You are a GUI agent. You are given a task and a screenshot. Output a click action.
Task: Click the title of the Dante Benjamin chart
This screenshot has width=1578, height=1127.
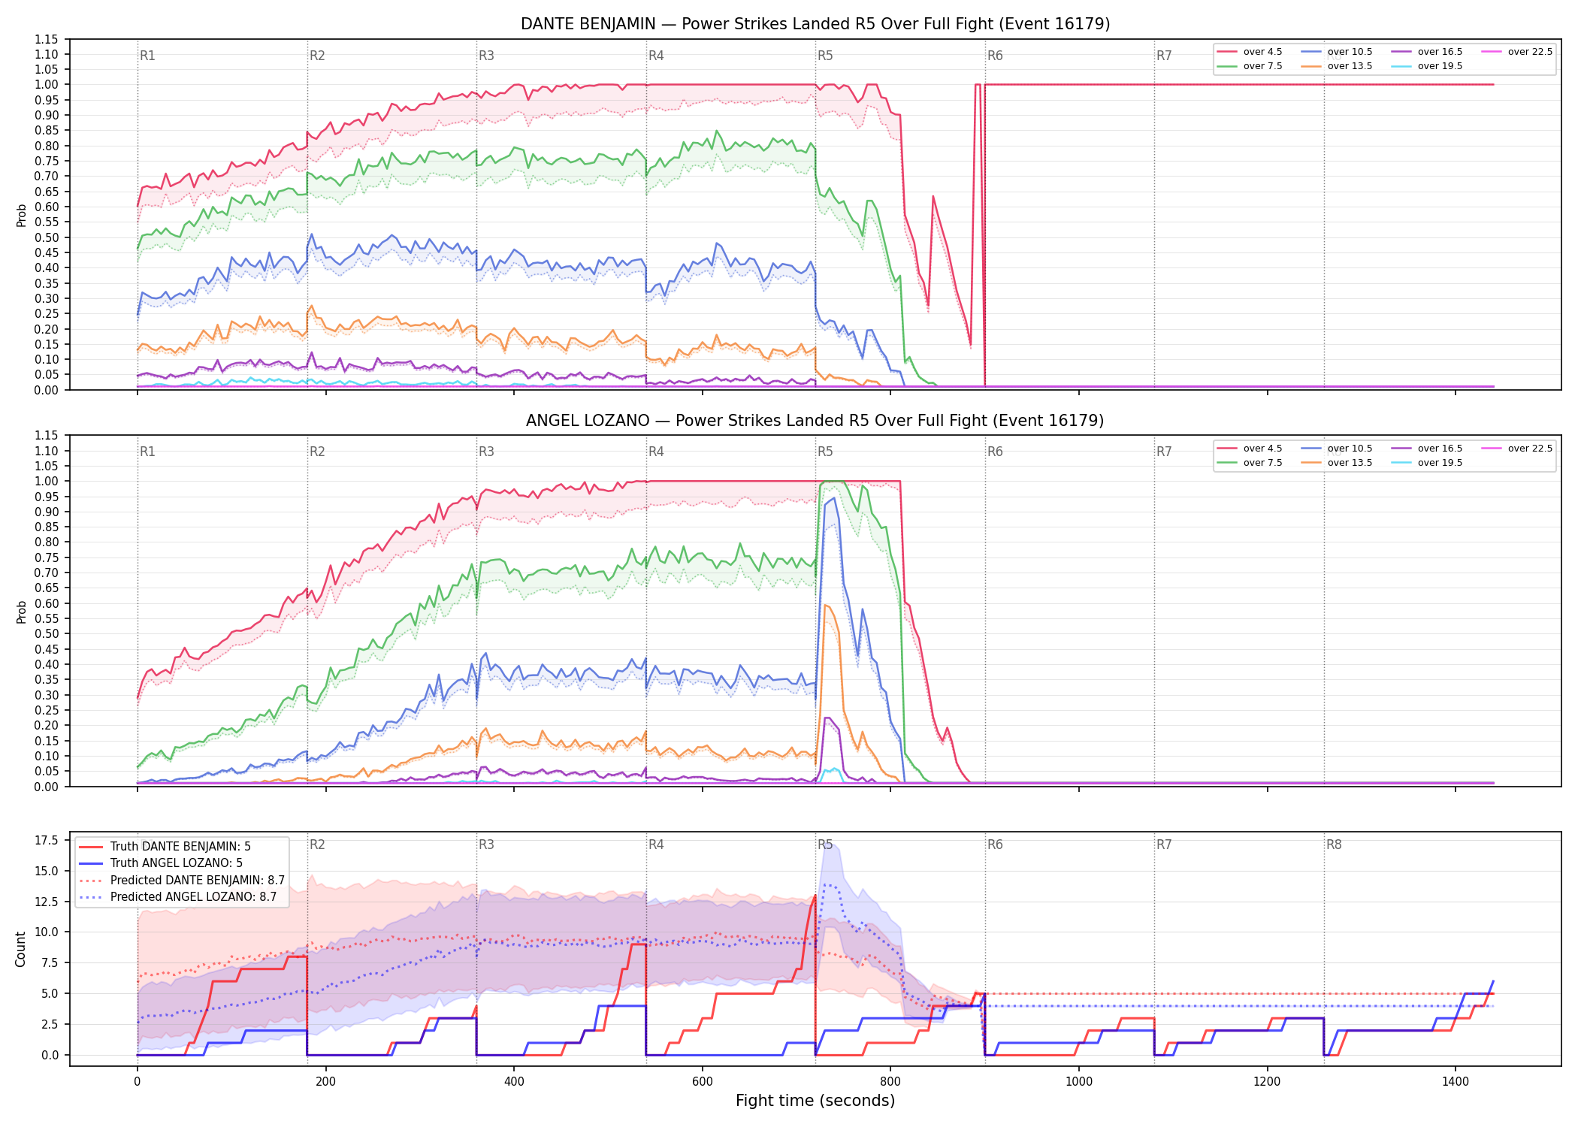pos(815,24)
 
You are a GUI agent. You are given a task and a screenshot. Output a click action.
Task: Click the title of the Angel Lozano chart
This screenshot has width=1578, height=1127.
pos(815,421)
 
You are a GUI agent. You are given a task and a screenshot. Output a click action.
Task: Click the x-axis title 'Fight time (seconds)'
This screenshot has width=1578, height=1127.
pos(815,1101)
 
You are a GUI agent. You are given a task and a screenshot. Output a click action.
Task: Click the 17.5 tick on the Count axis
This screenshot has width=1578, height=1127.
pos(47,841)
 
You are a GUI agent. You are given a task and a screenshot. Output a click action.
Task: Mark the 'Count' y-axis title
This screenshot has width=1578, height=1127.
pos(20,949)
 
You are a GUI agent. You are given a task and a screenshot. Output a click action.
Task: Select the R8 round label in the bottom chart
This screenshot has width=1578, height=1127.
pos(1334,844)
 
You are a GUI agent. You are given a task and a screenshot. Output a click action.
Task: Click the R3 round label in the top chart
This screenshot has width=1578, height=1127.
pos(486,56)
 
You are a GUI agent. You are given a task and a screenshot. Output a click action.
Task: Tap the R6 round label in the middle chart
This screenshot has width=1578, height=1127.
pos(995,452)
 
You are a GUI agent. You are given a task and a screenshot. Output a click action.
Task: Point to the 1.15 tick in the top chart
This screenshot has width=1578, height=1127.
pos(47,39)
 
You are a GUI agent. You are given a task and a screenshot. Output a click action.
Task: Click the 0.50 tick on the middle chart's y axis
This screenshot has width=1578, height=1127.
pos(47,633)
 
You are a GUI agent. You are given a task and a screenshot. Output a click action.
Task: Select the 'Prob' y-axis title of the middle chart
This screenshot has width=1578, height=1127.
pos(21,612)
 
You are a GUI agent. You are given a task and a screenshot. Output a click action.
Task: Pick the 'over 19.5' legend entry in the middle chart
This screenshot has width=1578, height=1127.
pos(1426,463)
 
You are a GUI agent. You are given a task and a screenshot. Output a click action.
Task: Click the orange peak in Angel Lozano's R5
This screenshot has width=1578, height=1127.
pos(825,605)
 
